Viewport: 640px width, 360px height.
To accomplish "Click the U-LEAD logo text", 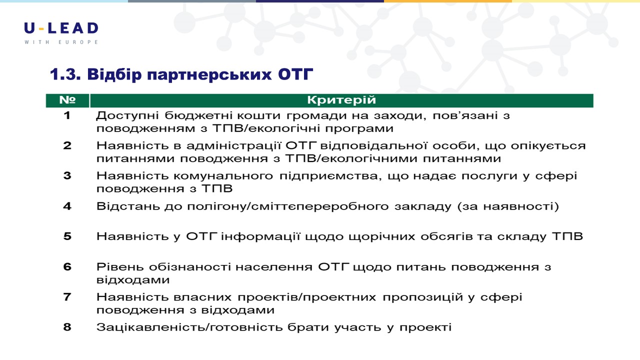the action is coord(61,28).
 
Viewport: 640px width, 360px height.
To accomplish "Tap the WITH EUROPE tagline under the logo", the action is coord(61,42).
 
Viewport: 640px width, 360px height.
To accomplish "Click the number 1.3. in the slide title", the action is coord(65,74).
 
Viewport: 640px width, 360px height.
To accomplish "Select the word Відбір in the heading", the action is coord(114,74).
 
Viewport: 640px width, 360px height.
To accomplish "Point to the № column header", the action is coord(67,100).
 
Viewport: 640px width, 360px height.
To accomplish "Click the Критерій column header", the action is coord(341,100).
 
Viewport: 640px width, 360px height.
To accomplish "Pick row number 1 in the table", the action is coord(67,115).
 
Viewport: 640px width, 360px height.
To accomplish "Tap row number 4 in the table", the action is coord(67,206).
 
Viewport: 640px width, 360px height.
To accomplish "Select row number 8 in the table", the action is coord(67,327).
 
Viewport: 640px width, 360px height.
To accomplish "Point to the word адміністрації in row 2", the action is coord(233,145).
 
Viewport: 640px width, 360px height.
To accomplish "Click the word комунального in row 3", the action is coord(223,176).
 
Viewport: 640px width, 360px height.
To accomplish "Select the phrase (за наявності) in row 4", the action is coord(508,206).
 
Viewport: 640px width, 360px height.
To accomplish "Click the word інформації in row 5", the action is coord(260,236).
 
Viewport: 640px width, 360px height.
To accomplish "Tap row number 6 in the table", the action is coord(67,266).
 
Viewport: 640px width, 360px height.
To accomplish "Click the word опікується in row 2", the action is coord(548,146).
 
